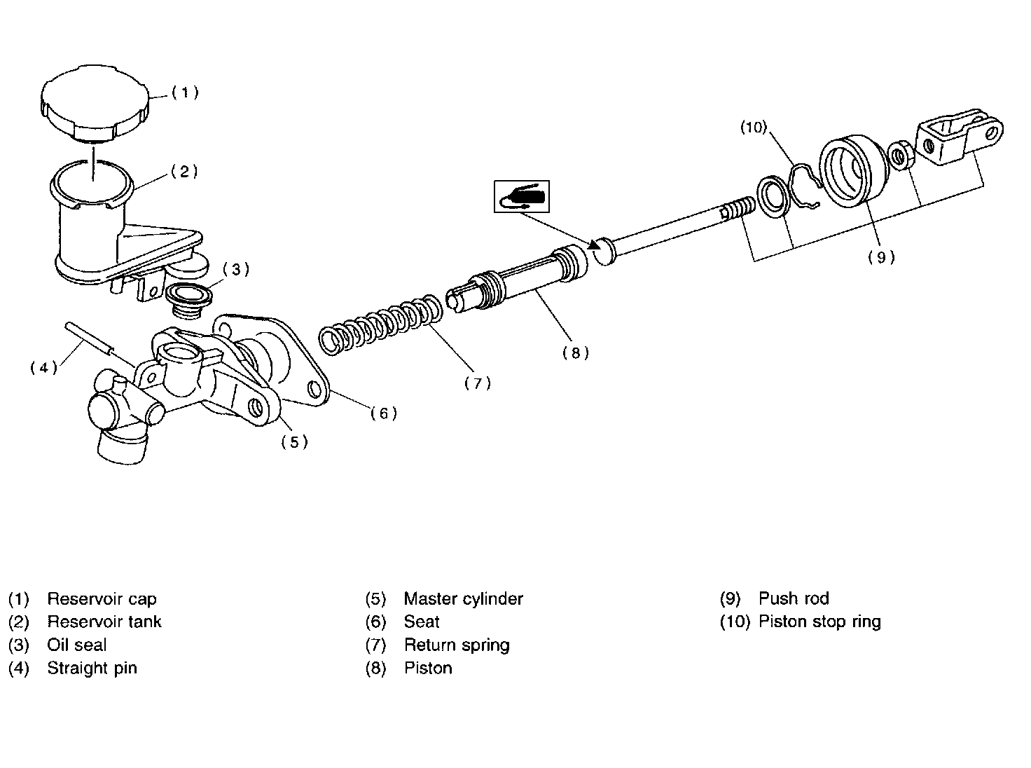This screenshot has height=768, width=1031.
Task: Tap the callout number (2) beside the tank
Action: [x=185, y=172]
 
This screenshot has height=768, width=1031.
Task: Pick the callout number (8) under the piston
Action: [x=575, y=353]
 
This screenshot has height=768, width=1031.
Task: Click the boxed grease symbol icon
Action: [x=522, y=196]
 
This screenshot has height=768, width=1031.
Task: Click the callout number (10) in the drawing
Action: [x=754, y=127]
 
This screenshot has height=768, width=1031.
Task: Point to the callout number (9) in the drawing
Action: [x=881, y=257]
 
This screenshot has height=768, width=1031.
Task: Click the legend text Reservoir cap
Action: [x=102, y=599]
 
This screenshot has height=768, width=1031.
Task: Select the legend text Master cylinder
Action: [x=463, y=599]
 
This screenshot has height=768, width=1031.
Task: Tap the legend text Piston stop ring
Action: [x=819, y=622]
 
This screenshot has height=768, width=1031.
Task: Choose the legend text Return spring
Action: [x=457, y=645]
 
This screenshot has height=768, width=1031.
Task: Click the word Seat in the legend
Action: [x=422, y=622]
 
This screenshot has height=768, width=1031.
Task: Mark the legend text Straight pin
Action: [x=92, y=668]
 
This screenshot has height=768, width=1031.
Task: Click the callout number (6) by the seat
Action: [x=384, y=413]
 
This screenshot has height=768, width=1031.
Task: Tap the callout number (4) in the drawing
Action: [x=43, y=368]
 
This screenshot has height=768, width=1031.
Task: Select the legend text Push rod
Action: [x=794, y=599]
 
